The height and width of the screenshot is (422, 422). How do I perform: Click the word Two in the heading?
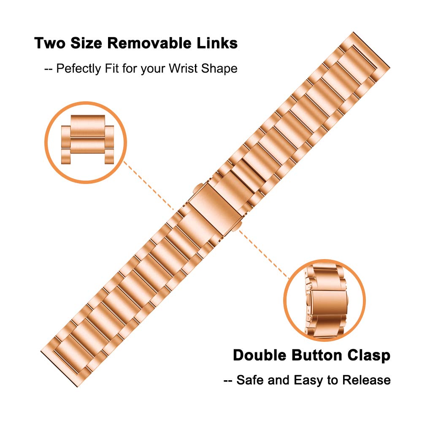tap(50, 43)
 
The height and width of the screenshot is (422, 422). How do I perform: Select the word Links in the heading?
tap(217, 43)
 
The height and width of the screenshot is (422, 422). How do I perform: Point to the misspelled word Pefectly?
tap(78, 69)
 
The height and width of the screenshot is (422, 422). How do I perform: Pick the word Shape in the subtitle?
tap(219, 69)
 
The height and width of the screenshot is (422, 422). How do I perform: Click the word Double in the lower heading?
tap(260, 355)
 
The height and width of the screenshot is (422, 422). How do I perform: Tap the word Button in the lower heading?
tap(316, 355)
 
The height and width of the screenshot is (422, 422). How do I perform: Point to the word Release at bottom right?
tap(366, 380)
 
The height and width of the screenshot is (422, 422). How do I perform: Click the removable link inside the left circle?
tap(87, 139)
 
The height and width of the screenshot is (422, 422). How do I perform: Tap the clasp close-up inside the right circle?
tap(326, 301)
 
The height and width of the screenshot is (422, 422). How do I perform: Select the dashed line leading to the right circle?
tap(264, 254)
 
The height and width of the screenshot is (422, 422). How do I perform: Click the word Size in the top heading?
tap(86, 43)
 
